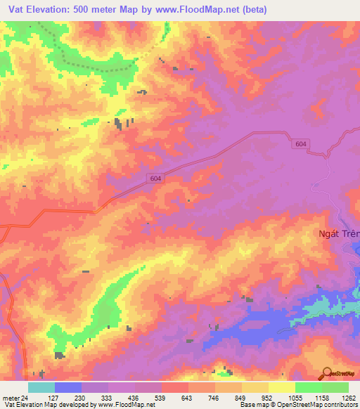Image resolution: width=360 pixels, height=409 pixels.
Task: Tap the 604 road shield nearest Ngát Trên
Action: (301, 143)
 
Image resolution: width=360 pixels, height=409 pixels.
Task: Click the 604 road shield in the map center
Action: (156, 179)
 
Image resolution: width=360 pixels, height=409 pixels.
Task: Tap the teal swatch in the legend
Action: (41, 387)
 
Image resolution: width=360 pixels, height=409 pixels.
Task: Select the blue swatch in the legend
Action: (68, 387)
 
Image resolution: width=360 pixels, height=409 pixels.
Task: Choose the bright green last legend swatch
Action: (335, 387)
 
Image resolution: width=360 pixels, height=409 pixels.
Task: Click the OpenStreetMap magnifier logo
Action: (326, 373)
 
